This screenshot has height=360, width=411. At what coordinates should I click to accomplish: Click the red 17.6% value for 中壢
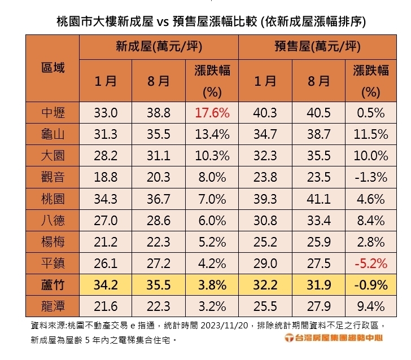212,113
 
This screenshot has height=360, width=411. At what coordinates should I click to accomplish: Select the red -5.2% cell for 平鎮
371,264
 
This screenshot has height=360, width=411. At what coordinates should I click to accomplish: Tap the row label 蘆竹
53,285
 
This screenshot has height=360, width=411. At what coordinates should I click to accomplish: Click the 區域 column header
53,68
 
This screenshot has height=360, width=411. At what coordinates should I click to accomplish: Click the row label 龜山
53,134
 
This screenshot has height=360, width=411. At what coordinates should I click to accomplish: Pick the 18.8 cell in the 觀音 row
106,177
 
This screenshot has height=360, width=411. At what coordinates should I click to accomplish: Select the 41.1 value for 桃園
318,199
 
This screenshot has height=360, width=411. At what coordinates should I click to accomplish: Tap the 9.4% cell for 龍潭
371,306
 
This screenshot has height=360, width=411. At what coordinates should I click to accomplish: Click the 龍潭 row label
53,306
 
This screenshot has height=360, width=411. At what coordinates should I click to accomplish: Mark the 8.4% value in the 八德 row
371,220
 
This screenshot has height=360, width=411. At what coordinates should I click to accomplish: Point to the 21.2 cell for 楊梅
106,242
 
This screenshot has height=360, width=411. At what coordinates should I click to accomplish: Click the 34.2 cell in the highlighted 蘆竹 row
106,285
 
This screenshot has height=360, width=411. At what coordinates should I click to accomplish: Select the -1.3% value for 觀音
371,177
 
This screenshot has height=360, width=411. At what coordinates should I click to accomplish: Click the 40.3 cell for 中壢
265,113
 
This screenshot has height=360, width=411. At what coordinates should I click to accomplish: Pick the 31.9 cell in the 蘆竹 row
318,285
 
